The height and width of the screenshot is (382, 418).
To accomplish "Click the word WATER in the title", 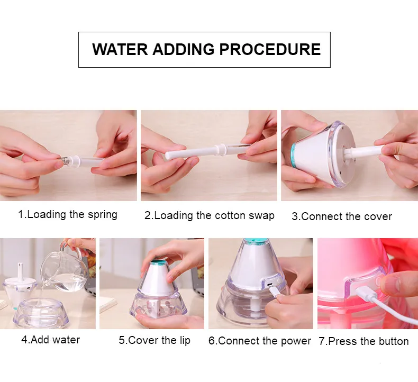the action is click(120, 49).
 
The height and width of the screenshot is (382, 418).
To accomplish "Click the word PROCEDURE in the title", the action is click(270, 49).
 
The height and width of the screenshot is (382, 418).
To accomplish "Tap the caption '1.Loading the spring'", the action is click(68, 215).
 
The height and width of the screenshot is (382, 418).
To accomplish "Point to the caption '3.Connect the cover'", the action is click(342, 216).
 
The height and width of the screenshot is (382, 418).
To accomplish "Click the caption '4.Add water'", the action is click(51, 340).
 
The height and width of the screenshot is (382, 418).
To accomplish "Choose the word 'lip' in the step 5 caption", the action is click(184, 340).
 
